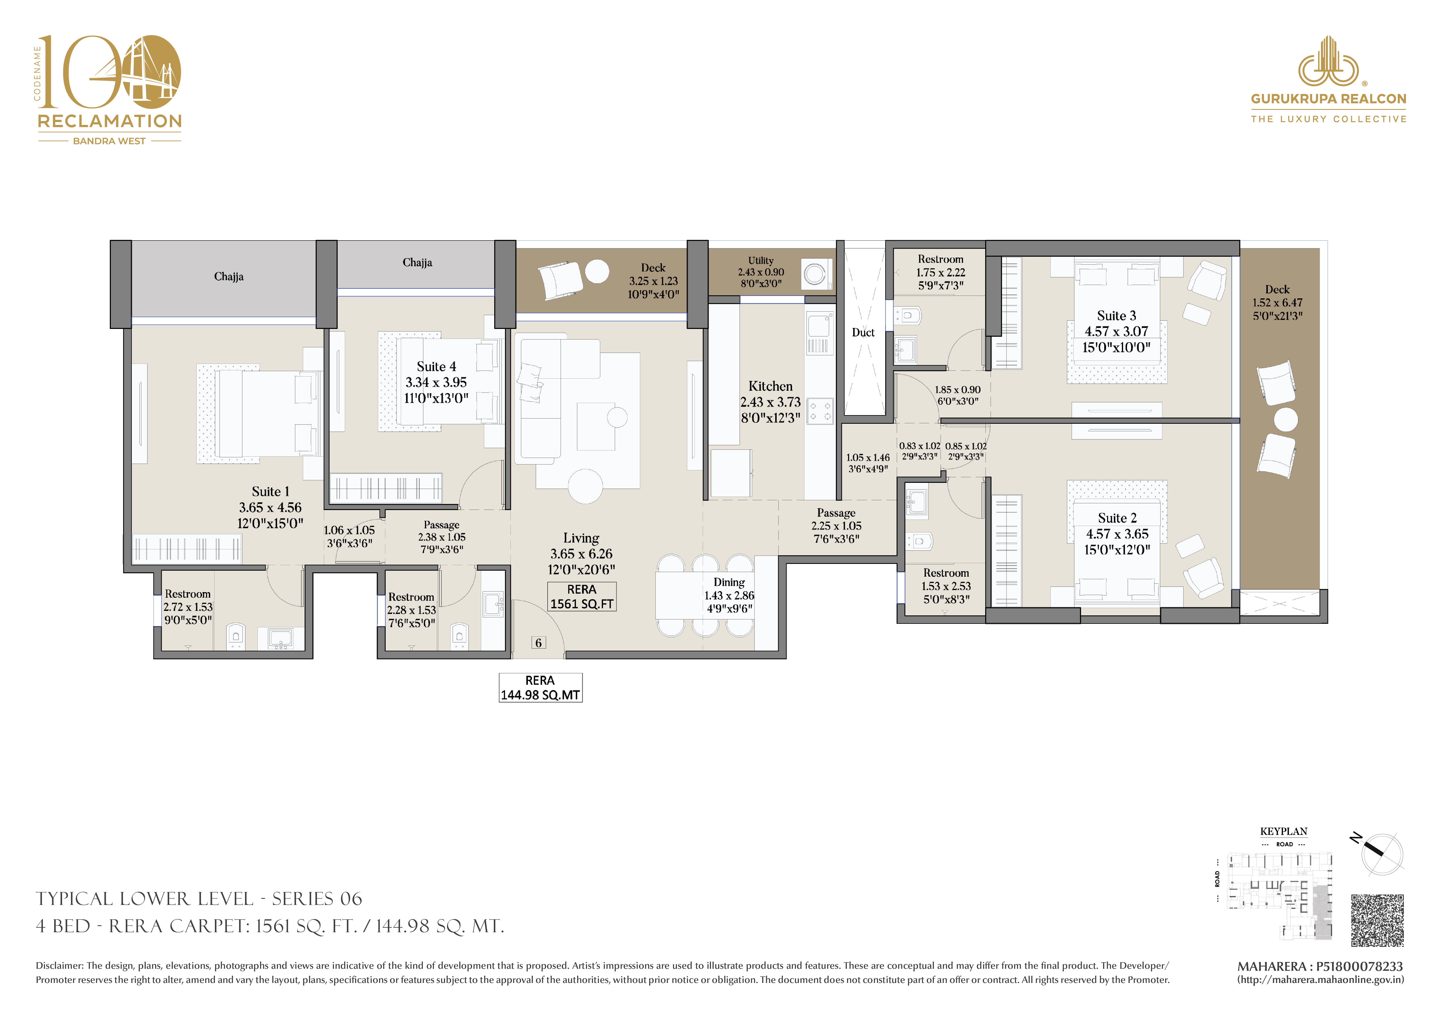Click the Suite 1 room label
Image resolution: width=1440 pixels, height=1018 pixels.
pyautogui.click(x=270, y=492)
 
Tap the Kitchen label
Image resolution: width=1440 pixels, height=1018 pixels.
pyautogui.click(x=770, y=386)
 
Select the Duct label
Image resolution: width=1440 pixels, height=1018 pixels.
pyautogui.click(x=863, y=332)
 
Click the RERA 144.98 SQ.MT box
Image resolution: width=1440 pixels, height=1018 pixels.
pyautogui.click(x=540, y=687)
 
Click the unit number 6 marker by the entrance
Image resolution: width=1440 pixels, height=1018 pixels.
pyautogui.click(x=538, y=643)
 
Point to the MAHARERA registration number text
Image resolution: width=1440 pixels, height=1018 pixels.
pyautogui.click(x=1320, y=966)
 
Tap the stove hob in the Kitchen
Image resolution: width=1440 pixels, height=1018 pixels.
pyautogui.click(x=820, y=411)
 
